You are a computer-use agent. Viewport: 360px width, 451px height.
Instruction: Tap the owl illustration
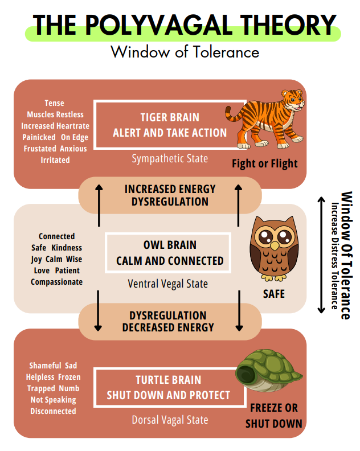point(273,249)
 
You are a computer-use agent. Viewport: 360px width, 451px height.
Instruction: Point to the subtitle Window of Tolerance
point(185,52)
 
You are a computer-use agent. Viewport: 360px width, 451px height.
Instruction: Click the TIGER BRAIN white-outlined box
point(161,125)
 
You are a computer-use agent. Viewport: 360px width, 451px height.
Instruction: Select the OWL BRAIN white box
point(169,253)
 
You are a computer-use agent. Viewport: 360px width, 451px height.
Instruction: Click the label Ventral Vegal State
point(167,283)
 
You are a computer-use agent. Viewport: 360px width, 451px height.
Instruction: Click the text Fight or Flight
point(264,164)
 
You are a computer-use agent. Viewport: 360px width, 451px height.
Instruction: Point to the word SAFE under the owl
point(273,294)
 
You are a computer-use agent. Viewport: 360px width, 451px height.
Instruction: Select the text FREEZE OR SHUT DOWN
point(273,416)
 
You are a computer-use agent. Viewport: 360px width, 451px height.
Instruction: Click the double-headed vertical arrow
point(321,254)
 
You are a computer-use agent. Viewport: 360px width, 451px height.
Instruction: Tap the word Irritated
point(55,160)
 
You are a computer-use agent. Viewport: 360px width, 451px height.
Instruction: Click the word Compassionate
point(56,282)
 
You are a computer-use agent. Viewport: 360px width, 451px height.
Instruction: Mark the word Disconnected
point(53,411)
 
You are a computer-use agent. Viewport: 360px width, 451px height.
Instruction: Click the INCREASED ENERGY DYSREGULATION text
point(170,195)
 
